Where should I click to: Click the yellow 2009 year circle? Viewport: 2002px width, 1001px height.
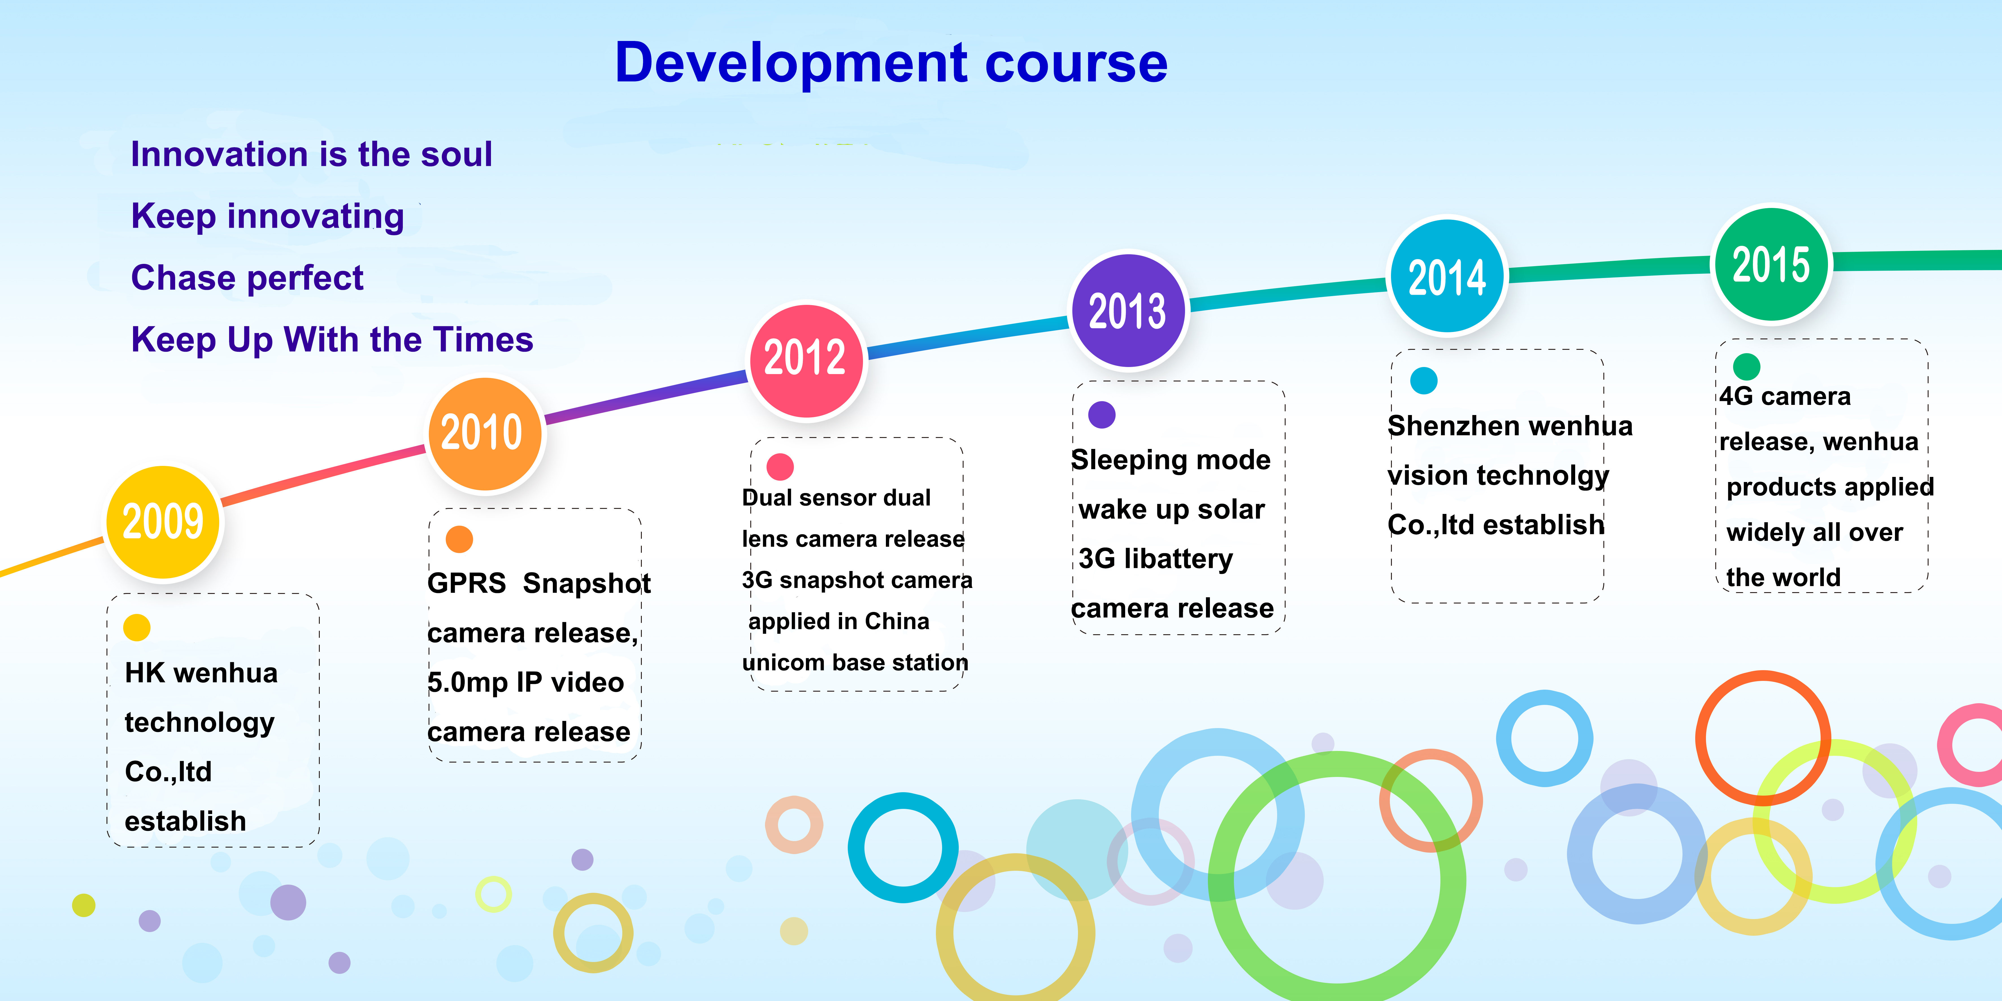(163, 522)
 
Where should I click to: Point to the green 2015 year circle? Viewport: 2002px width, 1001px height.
(1772, 264)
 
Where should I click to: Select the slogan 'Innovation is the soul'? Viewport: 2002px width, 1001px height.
(312, 154)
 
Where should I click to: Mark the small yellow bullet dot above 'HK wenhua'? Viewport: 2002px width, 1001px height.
(137, 627)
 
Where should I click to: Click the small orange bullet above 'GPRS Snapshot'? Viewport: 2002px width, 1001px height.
(459, 539)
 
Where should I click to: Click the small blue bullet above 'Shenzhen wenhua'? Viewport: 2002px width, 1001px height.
(1424, 380)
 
